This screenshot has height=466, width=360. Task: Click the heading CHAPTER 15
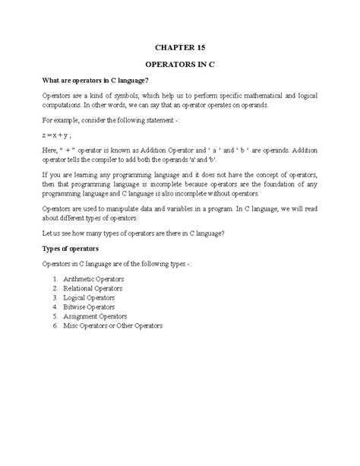point(179,44)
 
